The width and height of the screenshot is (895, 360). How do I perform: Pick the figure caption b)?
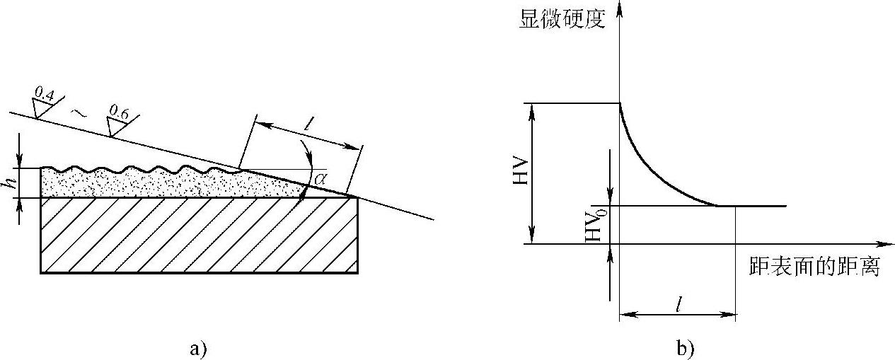(684, 347)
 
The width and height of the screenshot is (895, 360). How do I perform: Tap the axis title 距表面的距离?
(813, 268)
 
